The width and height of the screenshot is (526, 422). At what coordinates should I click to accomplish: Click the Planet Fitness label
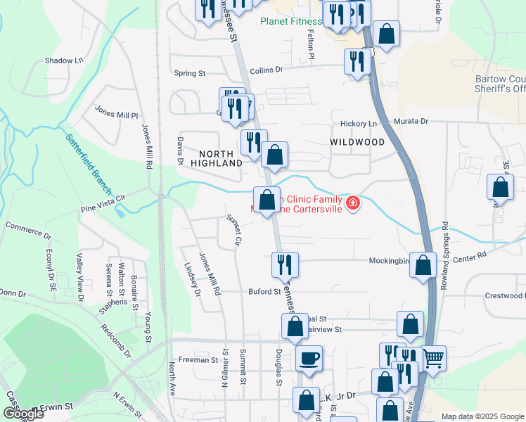(290, 21)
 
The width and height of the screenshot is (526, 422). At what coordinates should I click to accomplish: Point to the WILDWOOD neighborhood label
(357, 142)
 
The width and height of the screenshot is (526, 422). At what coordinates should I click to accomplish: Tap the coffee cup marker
(309, 358)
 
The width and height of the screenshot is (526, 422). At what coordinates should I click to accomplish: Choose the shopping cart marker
(432, 358)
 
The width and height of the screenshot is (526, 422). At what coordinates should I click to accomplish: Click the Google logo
(23, 414)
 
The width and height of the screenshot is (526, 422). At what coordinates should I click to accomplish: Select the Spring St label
(189, 73)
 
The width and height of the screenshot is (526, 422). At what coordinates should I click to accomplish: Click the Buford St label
(264, 291)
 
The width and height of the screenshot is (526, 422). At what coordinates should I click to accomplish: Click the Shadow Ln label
(64, 60)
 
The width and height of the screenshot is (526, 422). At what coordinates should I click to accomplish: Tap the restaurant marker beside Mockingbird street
(285, 264)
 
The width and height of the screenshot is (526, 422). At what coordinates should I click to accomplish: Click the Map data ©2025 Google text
(482, 416)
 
